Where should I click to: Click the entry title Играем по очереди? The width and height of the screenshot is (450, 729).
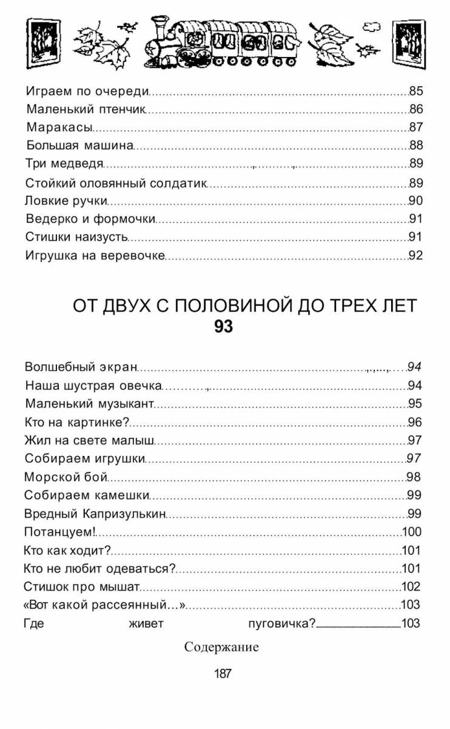[x=87, y=92]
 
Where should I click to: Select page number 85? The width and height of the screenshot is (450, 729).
[x=415, y=92]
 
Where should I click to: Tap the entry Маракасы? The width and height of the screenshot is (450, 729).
[x=59, y=127]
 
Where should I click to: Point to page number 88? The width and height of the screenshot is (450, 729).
[x=415, y=146]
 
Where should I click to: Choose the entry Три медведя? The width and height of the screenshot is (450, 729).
[x=64, y=164]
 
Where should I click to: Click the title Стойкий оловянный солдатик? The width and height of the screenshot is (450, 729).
[x=116, y=183]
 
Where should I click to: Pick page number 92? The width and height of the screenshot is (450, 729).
[x=415, y=255]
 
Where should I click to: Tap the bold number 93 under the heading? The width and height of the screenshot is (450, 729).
[x=223, y=327]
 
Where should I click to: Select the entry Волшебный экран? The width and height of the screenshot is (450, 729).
[x=81, y=367]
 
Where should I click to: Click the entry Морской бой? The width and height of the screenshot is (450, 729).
[x=65, y=477]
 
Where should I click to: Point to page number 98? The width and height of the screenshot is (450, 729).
[x=414, y=477]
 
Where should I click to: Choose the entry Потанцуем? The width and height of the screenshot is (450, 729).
[x=59, y=532]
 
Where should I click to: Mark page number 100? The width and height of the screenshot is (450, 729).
[x=411, y=532]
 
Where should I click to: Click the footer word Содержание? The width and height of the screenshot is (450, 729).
[x=221, y=647]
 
